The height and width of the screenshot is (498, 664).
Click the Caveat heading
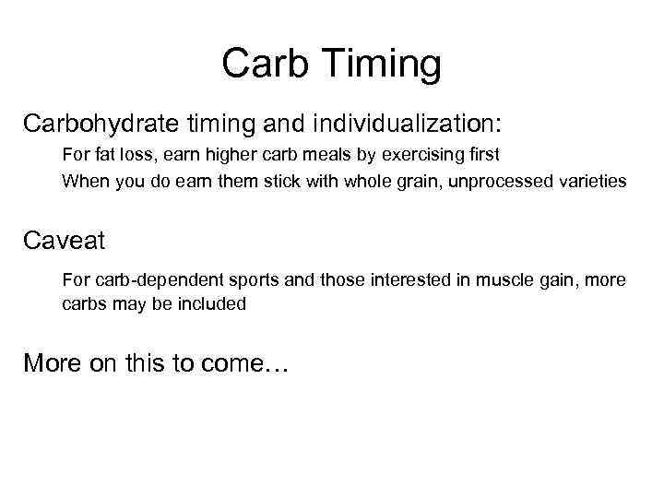65,243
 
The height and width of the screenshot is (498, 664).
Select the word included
214,303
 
